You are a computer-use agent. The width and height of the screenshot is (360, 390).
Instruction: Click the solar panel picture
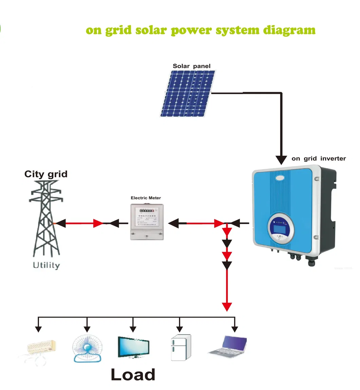188,94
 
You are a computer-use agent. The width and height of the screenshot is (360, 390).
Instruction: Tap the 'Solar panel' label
192,66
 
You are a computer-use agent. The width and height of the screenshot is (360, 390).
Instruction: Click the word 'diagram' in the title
289,30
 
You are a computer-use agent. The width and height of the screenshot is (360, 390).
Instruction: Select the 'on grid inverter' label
319,158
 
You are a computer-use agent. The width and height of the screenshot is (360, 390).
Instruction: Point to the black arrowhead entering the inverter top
281,159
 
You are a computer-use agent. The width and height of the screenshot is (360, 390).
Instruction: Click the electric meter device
147,222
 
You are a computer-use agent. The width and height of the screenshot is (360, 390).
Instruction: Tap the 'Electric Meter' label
146,198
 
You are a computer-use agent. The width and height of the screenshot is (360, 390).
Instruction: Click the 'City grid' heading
46,174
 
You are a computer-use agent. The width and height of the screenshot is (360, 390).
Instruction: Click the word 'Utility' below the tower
47,265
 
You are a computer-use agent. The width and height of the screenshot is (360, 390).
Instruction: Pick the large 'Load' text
133,374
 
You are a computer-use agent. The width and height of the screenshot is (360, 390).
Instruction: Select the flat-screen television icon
133,347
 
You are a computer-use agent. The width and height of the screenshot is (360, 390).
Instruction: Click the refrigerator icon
180,347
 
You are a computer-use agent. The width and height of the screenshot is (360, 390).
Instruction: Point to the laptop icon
228,345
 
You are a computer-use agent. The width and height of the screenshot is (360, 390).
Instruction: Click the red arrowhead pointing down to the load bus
227,306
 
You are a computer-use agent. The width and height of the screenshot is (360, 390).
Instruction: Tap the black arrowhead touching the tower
60,223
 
